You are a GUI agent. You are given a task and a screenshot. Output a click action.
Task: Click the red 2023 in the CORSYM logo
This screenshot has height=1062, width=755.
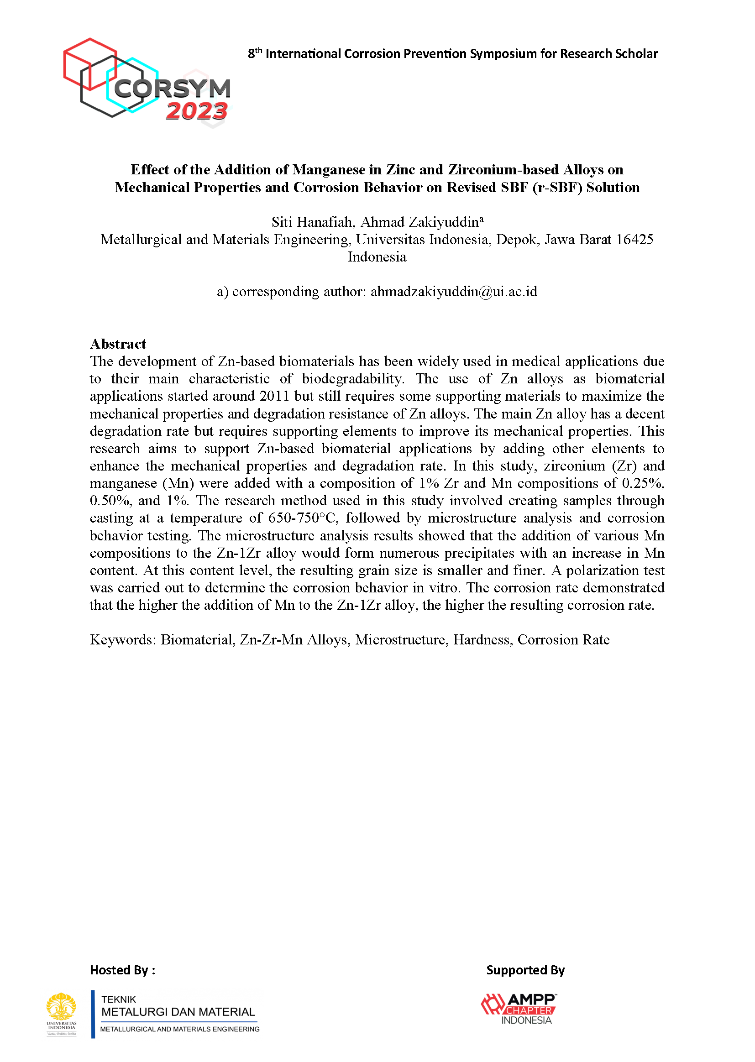197,111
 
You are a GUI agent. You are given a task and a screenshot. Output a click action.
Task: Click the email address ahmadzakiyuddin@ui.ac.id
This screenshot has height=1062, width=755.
454,292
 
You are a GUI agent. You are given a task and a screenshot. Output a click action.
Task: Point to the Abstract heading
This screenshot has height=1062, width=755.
118,344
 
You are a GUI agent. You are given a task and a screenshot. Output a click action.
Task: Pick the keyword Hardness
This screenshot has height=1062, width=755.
482,639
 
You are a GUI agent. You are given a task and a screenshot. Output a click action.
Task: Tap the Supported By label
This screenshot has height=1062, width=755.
525,970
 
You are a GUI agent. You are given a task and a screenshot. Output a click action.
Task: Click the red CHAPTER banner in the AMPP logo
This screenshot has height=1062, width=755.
530,1011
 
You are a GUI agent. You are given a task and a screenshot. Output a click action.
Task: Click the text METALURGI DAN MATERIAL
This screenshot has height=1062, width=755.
178,1012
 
